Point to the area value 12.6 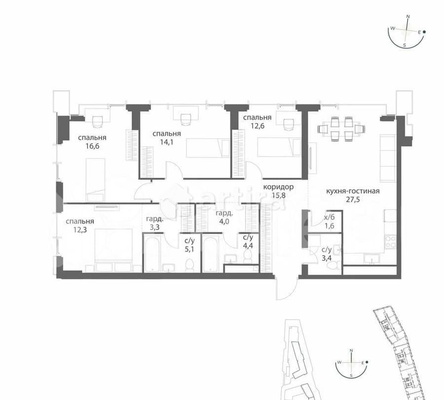tap(257, 126)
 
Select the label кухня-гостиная tap(353, 192)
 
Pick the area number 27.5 tap(353, 201)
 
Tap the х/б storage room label tap(329, 217)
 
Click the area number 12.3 tap(79, 231)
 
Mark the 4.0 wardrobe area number tap(224, 222)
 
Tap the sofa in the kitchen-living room tap(388, 158)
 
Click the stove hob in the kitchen tap(390, 242)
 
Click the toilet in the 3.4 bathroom tap(333, 265)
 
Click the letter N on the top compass tap(408, 16)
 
